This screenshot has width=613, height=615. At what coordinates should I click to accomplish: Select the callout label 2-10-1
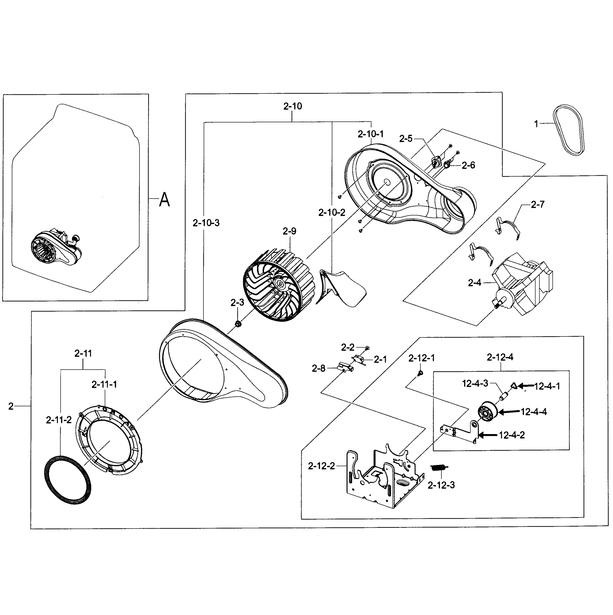pyautogui.click(x=370, y=134)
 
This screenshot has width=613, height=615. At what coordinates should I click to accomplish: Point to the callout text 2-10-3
pyautogui.click(x=206, y=223)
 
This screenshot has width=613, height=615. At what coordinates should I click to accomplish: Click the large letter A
pyautogui.click(x=164, y=200)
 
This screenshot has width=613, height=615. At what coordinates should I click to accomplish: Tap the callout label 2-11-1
pyautogui.click(x=104, y=385)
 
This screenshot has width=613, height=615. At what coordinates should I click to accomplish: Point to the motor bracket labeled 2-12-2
pyautogui.click(x=385, y=477)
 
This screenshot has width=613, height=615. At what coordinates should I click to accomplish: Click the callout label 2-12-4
pyautogui.click(x=500, y=357)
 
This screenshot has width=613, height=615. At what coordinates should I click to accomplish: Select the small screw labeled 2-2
pyautogui.click(x=367, y=348)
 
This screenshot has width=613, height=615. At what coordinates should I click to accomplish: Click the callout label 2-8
pyautogui.click(x=319, y=369)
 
